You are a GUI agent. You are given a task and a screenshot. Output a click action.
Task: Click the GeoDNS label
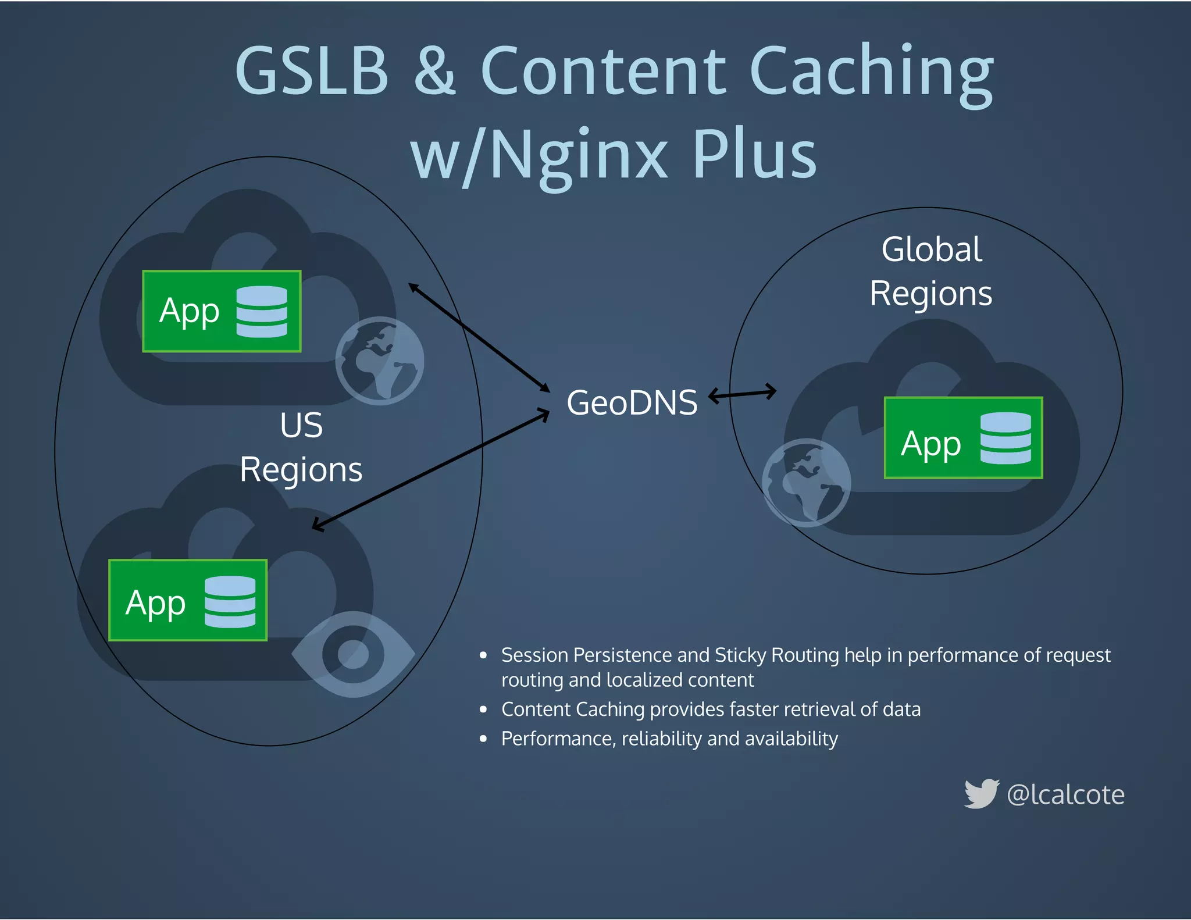click(x=632, y=402)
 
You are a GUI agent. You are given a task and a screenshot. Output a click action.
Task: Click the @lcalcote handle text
click(x=1065, y=794)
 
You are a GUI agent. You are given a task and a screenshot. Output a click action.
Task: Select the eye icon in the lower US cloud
click(x=353, y=654)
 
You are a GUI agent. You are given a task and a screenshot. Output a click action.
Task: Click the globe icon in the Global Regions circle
click(x=806, y=482)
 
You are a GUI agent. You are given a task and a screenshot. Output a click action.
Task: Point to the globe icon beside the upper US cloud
click(x=380, y=361)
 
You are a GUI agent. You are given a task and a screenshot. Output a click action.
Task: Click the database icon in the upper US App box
click(x=262, y=312)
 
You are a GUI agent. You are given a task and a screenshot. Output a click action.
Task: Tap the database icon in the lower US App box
click(x=230, y=601)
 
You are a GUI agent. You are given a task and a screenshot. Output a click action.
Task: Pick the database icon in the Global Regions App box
click(x=1005, y=438)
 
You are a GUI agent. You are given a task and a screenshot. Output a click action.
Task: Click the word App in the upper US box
click(x=189, y=312)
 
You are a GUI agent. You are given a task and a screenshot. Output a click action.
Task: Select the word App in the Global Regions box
click(x=930, y=445)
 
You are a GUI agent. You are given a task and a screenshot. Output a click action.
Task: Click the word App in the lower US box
click(x=155, y=604)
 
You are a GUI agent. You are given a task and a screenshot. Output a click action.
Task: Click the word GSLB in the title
click(x=312, y=71)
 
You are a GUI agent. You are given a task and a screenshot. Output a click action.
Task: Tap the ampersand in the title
click(x=434, y=71)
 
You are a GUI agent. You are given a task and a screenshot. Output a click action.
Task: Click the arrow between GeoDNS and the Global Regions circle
click(x=742, y=394)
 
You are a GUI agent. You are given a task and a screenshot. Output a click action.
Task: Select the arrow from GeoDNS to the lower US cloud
click(x=431, y=469)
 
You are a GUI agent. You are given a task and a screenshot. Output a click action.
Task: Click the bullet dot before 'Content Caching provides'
click(x=483, y=709)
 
